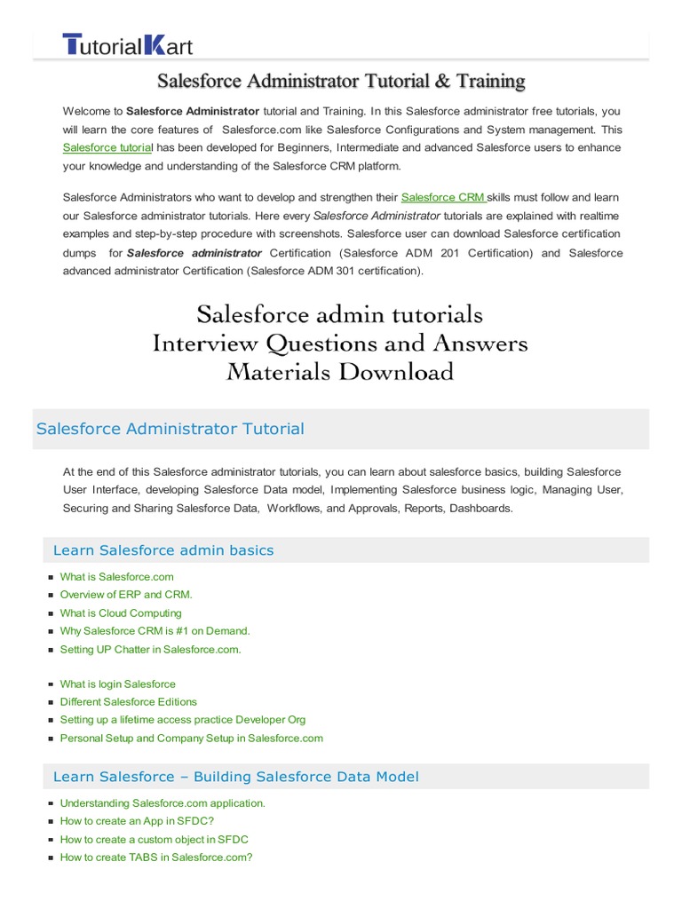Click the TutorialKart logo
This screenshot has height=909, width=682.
[127, 44]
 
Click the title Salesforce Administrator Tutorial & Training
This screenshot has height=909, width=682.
[341, 82]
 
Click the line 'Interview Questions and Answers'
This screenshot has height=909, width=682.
[340, 344]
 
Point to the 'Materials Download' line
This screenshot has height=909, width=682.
[340, 372]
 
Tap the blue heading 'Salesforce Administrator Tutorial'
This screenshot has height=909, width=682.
[170, 429]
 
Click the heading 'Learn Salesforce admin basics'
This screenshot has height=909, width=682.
[163, 550]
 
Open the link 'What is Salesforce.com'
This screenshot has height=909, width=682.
[116, 577]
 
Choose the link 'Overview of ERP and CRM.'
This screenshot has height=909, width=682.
[126, 595]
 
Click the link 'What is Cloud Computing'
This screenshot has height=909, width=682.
[120, 613]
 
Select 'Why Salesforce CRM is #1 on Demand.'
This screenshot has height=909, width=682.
[155, 631]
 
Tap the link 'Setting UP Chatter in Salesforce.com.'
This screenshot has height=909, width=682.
[150, 649]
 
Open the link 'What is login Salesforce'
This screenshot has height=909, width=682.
[117, 684]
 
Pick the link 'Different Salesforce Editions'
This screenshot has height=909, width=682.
[128, 702]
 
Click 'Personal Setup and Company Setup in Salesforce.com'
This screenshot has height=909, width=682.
[191, 739]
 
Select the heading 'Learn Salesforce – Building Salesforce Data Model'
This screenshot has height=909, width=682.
[235, 777]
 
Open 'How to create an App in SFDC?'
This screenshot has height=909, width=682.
[137, 821]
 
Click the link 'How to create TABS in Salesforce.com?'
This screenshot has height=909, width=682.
[156, 858]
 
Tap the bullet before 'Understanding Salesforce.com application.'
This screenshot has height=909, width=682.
[52, 803]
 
